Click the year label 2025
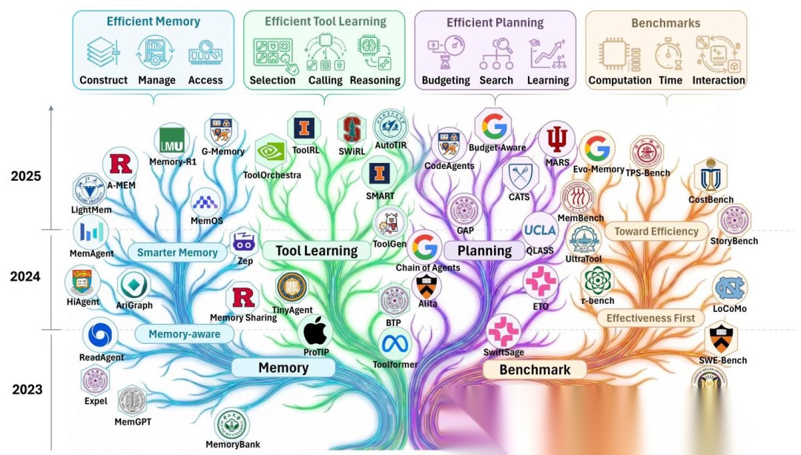point(26,176)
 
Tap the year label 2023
point(27,389)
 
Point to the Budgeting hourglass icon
point(445,53)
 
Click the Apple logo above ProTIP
point(315,330)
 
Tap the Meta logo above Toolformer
point(395,343)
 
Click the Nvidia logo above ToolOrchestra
point(271,152)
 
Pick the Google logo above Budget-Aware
point(495,126)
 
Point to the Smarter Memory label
point(178,253)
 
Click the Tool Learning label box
point(317,250)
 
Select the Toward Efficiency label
point(656,231)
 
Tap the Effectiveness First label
point(650,318)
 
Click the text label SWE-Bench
point(722,360)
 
